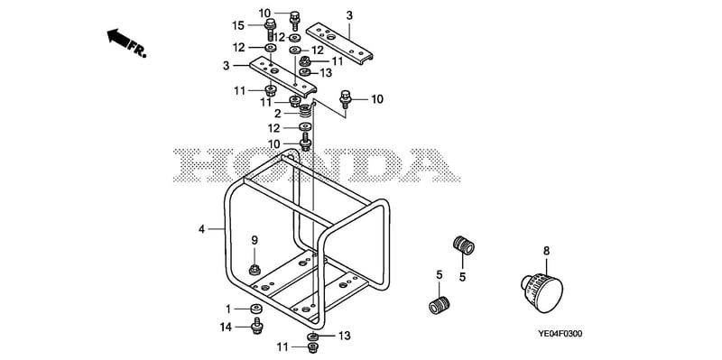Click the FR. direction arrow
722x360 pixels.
pos(118,37)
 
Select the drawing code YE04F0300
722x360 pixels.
pos(560,334)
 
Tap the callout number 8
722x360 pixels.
pos(546,251)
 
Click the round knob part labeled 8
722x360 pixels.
pos(542,291)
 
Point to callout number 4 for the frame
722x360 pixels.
pos(201,229)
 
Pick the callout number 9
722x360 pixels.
pos(255,240)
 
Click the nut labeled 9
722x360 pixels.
pos(255,270)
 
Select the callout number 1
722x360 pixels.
pos(228,308)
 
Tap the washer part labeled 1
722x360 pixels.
pos(257,308)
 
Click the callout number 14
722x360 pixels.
pos(227,328)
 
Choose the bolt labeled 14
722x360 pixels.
pos(257,326)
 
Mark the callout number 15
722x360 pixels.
pos(238,25)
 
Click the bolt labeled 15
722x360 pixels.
pos(270,29)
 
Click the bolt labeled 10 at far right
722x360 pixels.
pos(345,99)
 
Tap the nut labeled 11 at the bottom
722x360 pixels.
pos(312,347)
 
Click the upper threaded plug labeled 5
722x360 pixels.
pos(463,245)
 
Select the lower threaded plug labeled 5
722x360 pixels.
pos(439,305)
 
